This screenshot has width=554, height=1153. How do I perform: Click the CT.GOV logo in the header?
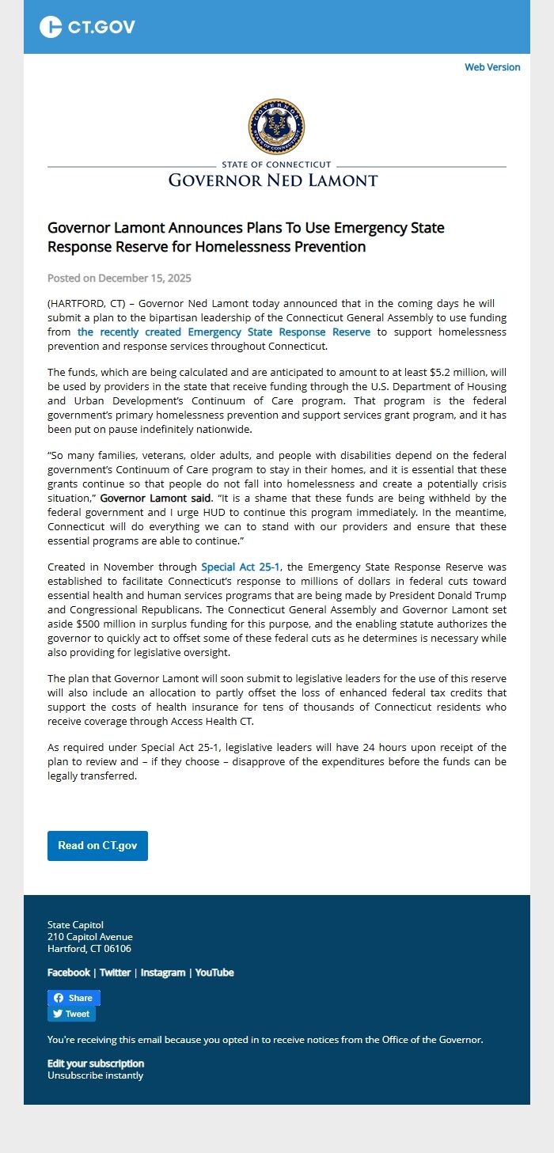[x=87, y=27]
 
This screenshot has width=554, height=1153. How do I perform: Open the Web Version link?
[x=492, y=67]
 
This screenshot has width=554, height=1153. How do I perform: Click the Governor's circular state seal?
[x=276, y=127]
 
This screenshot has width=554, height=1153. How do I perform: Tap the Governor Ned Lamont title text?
[x=273, y=180]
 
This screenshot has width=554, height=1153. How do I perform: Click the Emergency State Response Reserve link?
[x=224, y=332]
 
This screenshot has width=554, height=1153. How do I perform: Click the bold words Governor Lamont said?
[x=156, y=499]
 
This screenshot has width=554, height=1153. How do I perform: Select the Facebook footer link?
[x=69, y=973]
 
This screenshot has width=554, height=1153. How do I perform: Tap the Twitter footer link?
[x=115, y=973]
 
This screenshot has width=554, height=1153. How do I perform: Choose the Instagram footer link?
[x=163, y=973]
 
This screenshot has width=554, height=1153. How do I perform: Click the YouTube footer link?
[x=214, y=973]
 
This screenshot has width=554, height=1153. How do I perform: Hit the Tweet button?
[x=71, y=1014]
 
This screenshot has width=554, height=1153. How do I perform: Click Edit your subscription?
[x=96, y=1064]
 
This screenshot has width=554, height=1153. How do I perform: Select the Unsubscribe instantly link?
[x=96, y=1075]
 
